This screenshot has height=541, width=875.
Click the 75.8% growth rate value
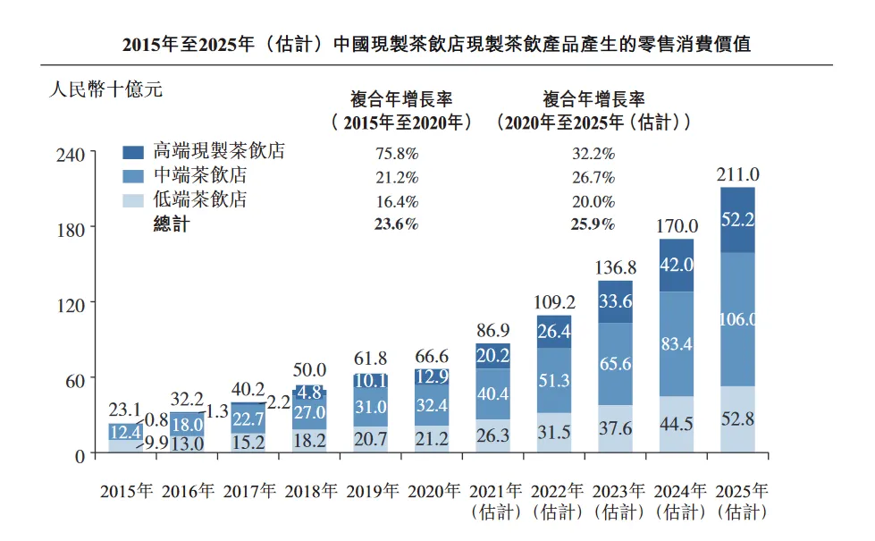[x=396, y=153]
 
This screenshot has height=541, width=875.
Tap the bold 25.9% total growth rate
[x=593, y=224]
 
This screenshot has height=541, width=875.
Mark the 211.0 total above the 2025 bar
[x=737, y=173]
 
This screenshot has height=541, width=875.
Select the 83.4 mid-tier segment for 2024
[x=676, y=343]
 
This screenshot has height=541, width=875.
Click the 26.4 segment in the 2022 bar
[x=554, y=332]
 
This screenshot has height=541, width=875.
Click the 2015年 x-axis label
[x=127, y=491]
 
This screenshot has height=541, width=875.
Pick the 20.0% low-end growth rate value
[x=593, y=201]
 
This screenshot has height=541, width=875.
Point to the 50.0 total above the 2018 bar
[x=309, y=369]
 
